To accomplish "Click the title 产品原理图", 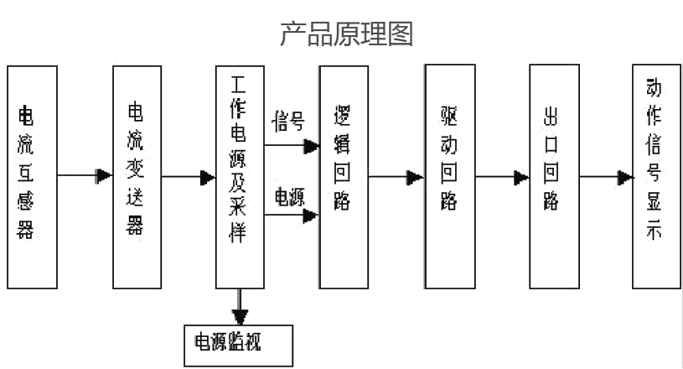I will point(345,34).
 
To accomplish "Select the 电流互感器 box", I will point(32,176).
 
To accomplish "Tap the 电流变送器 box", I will point(136,176).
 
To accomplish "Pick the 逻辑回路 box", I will point(343,176).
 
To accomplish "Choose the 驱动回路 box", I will point(449,176).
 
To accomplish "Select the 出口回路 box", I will point(553,176).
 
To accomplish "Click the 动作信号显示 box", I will point(657,176).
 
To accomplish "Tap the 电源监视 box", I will point(239,343).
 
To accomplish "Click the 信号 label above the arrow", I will point(287,122).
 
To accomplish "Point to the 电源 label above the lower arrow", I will point(289,196).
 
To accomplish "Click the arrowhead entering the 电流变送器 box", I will point(105,176).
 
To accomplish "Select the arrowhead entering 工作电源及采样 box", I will point(208,178).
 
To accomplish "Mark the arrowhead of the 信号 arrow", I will point(311,147).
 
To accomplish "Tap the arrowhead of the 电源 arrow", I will point(311,216).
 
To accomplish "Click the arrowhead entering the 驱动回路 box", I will point(416,178).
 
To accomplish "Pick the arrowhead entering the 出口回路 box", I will point(521,178).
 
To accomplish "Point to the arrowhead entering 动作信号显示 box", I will point(625,178).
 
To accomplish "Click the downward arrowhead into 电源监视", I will point(241,317).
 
